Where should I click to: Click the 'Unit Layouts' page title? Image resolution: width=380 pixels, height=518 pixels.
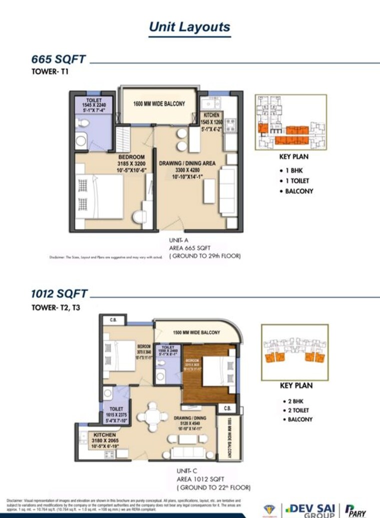pyautogui.click(x=189, y=27)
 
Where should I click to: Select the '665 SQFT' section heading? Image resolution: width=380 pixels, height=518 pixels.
pyautogui.click(x=58, y=60)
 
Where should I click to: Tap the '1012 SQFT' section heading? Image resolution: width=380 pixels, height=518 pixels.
pyautogui.click(x=59, y=294)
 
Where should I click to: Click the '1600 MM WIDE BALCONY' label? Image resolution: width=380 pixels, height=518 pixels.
pyautogui.click(x=159, y=104)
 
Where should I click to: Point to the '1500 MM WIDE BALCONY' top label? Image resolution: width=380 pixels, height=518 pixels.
pyautogui.click(x=196, y=333)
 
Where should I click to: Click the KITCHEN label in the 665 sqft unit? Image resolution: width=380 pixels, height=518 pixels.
pyautogui.click(x=211, y=115)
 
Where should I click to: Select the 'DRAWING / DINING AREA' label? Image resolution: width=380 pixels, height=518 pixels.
pyautogui.click(x=187, y=163)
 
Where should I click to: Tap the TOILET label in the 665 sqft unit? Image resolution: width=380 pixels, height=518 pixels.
pyautogui.click(x=94, y=100)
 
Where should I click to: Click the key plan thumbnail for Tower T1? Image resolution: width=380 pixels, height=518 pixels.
pyautogui.click(x=290, y=122)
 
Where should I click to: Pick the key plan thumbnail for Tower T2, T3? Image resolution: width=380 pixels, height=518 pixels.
pyautogui.click(x=294, y=352)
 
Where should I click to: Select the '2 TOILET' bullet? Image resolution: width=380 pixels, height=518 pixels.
pyautogui.click(x=298, y=410)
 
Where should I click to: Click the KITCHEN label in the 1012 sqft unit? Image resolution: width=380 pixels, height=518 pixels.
pyautogui.click(x=105, y=435)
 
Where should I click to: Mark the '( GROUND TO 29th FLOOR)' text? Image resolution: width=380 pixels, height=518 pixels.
pyautogui.click(x=205, y=256)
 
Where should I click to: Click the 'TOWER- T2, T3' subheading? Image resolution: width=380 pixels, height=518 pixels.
pyautogui.click(x=55, y=307)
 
